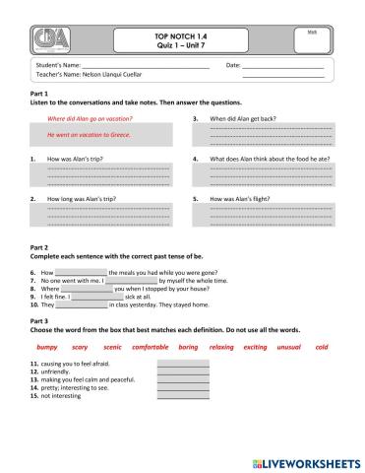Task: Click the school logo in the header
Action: (x=49, y=40)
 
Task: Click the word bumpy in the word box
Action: (x=46, y=348)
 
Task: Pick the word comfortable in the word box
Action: (x=151, y=348)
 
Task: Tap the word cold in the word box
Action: (x=322, y=348)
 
